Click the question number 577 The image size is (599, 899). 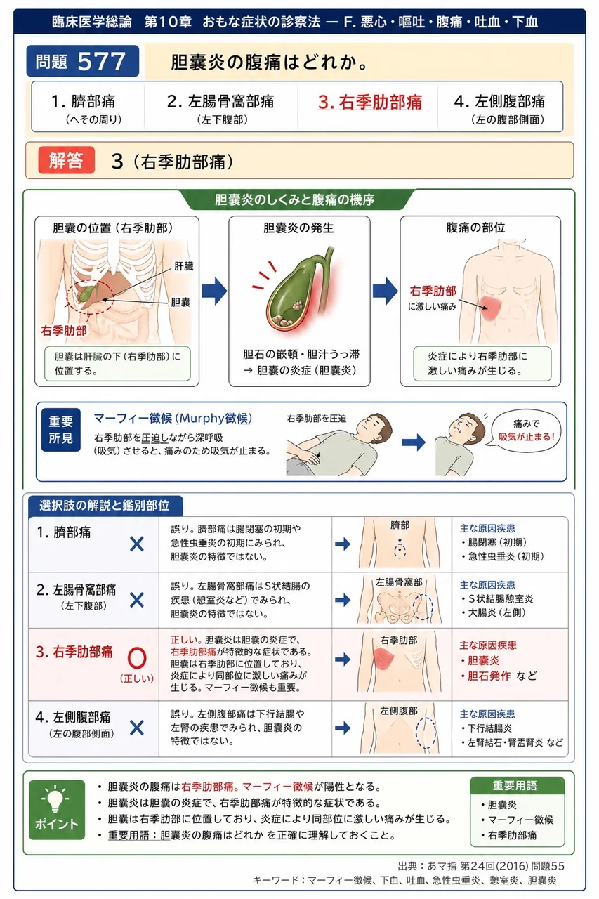102,61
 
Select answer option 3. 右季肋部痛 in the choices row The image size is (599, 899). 369,102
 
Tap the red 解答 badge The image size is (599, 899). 67,160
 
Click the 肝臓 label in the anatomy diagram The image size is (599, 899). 184,266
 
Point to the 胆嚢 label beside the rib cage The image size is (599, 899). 180,302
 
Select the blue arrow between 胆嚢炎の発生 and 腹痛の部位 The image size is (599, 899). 385,291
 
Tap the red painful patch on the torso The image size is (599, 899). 490,308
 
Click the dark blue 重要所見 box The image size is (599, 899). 60,430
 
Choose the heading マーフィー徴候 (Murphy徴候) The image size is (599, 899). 173,419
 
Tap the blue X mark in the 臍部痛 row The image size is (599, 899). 137,544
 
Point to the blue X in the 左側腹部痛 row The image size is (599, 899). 137,728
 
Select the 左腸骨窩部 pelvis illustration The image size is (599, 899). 399,600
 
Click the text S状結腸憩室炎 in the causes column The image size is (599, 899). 500,599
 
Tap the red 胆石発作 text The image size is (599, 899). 489,676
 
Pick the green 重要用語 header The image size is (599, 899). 517,785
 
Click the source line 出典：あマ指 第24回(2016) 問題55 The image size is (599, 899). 480,866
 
